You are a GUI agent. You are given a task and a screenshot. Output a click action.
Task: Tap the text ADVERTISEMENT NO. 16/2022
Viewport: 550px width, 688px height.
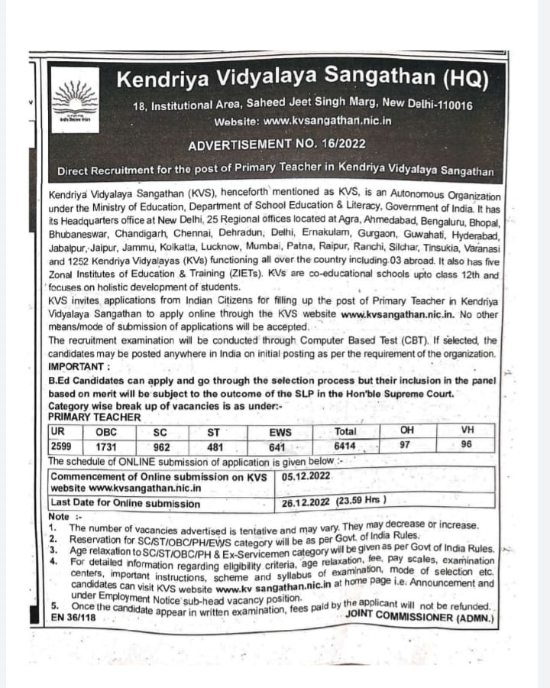point(277,144)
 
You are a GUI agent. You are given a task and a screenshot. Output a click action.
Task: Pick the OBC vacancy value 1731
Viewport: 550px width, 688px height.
point(106,446)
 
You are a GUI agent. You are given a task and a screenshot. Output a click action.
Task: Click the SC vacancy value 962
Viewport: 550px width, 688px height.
point(161,446)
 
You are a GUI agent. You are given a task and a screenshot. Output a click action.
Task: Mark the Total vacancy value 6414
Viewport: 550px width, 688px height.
point(345,446)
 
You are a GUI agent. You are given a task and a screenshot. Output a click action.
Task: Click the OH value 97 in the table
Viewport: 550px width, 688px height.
point(405,444)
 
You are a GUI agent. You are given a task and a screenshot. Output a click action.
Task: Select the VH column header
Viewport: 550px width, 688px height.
point(467,430)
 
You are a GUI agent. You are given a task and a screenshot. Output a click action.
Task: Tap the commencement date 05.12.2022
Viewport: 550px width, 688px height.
point(306,475)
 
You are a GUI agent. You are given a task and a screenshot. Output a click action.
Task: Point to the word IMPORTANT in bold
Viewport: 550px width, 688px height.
point(79,366)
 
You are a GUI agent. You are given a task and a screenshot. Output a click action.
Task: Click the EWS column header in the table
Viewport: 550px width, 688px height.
point(280,433)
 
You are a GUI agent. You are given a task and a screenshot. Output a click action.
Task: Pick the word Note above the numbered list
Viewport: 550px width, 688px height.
point(58,516)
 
